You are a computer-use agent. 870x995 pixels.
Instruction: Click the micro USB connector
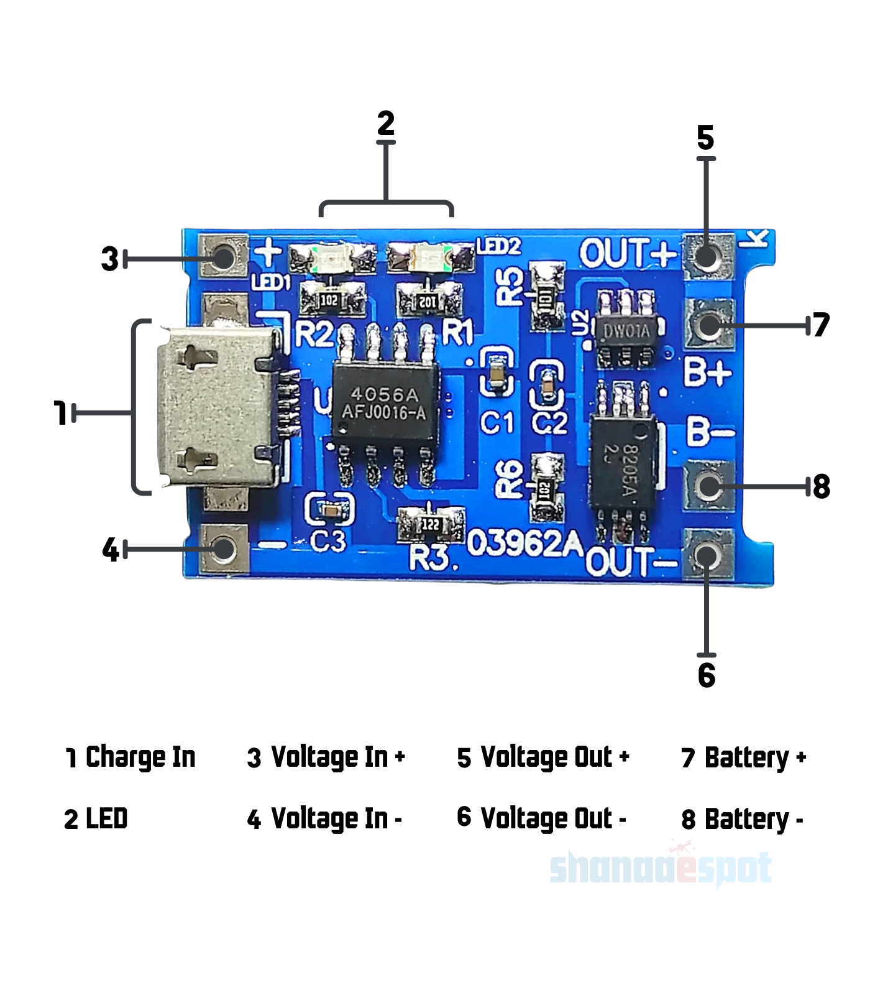(217, 407)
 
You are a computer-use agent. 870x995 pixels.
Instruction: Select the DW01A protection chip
(626, 330)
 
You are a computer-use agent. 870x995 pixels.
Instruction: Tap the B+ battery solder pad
(708, 324)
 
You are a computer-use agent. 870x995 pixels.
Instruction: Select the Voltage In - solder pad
(224, 548)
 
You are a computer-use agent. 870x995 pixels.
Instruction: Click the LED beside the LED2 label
(430, 256)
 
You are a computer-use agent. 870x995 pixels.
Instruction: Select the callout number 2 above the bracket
(386, 123)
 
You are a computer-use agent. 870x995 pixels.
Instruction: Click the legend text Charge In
(140, 757)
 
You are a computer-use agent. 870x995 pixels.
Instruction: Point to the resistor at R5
(547, 295)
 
